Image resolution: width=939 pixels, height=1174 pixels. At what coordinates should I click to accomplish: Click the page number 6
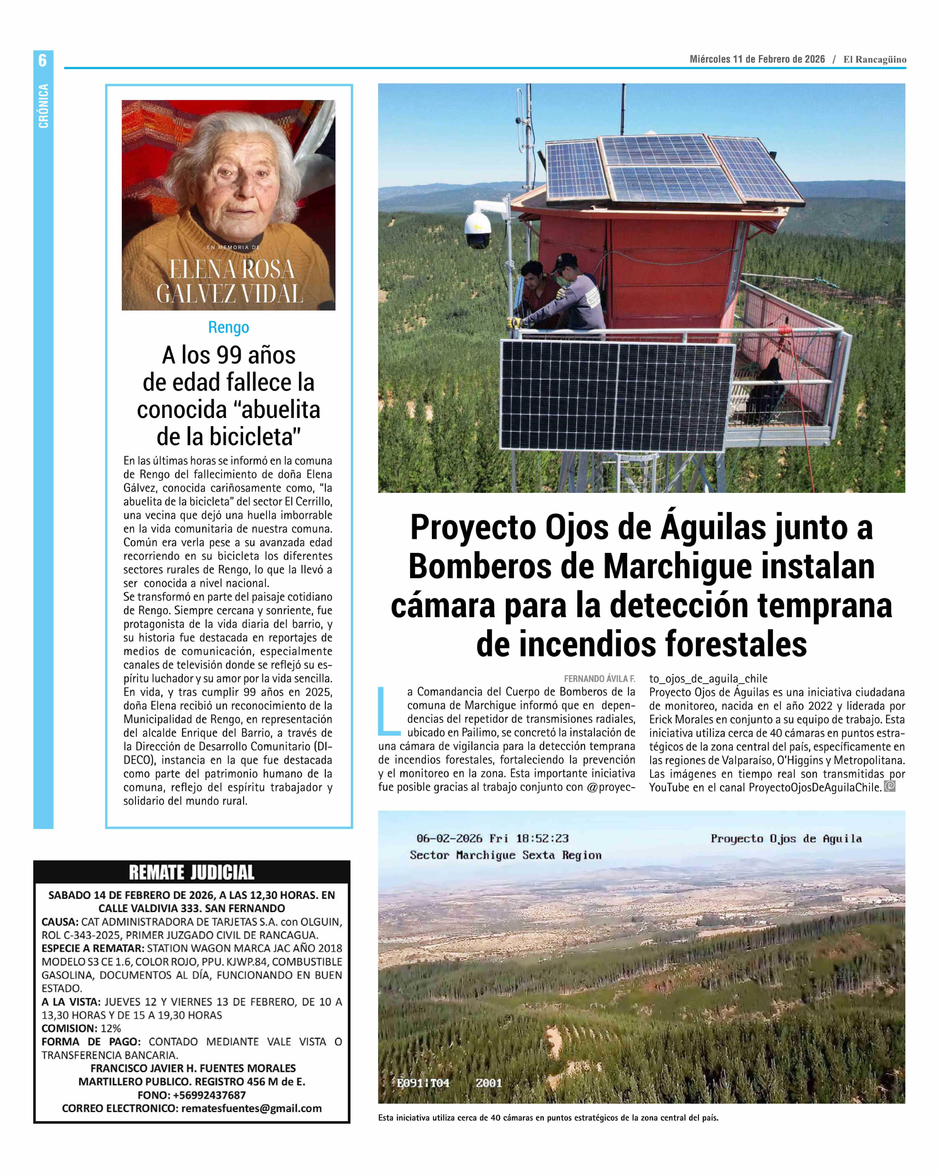43,60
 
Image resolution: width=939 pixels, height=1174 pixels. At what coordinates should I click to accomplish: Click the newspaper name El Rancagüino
875,59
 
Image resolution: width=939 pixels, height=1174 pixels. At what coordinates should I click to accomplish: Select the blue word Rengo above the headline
229,327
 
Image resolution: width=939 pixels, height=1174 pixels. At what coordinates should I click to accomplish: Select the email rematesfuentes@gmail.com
252,1108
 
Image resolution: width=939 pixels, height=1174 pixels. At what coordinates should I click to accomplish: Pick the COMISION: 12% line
82,1028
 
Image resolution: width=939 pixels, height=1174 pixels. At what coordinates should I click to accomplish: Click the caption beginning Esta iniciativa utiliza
548,1118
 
